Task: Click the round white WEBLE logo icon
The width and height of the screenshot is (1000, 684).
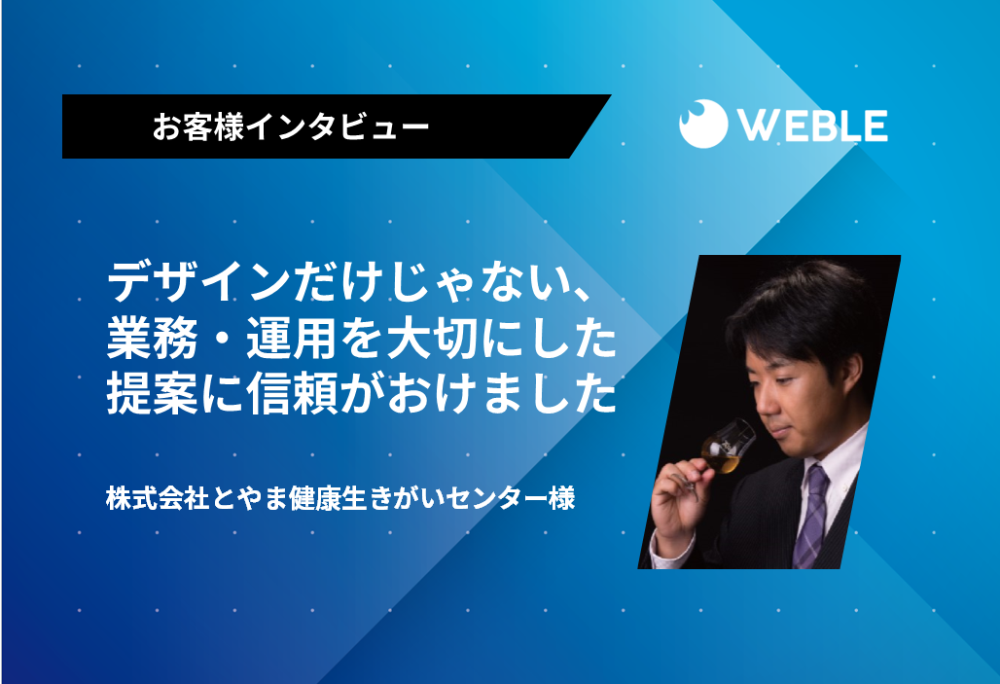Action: click(702, 124)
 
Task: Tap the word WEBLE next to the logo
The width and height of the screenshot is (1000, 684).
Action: click(813, 126)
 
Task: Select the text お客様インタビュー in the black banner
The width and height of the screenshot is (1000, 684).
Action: click(290, 126)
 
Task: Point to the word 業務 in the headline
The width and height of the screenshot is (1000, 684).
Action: click(153, 339)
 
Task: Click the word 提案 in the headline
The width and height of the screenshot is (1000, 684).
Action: click(153, 395)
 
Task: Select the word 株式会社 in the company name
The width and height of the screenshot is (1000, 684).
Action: click(158, 498)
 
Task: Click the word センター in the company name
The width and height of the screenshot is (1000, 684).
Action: click(495, 498)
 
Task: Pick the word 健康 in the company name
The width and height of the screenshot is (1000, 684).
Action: click(314, 498)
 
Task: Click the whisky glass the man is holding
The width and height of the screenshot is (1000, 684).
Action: click(724, 450)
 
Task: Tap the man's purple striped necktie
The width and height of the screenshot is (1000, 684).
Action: click(813, 516)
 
